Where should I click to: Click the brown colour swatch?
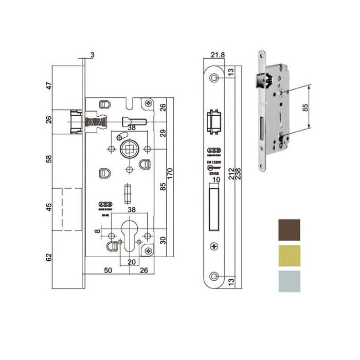(290, 230)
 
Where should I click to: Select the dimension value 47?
(49, 86)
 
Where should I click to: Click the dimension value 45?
(49, 209)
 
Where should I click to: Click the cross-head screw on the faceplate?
(214, 245)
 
